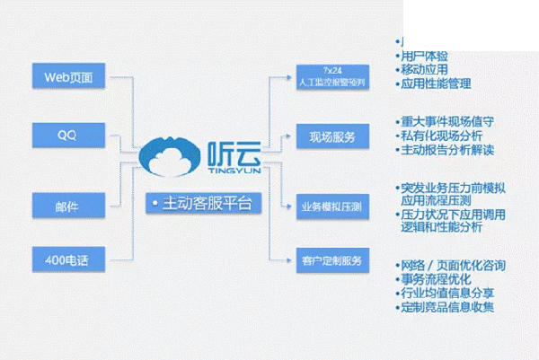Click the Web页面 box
tap(68, 75)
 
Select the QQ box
tap(68, 136)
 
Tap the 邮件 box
tap(68, 205)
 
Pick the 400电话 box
tap(68, 259)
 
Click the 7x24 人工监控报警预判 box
tap(331, 76)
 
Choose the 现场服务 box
tap(331, 137)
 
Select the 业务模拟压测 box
tap(331, 206)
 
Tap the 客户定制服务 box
tap(331, 260)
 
